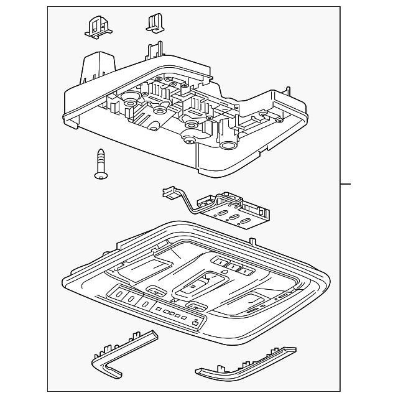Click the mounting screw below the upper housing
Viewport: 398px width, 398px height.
pyautogui.click(x=100, y=164)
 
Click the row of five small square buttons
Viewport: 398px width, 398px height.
pyautogui.click(x=173, y=315)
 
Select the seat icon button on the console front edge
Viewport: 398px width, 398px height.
pyautogui.click(x=197, y=322)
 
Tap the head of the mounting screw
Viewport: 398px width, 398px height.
pyautogui.click(x=99, y=175)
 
